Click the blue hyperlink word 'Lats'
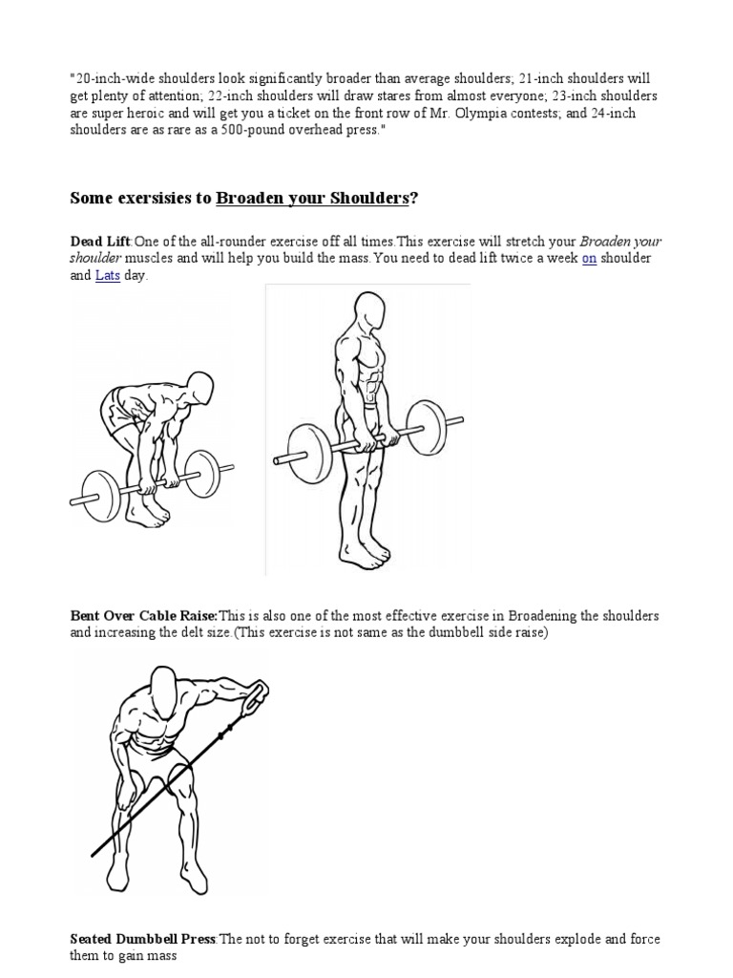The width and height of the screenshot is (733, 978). [107, 275]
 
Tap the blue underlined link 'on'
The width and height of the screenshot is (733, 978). [589, 259]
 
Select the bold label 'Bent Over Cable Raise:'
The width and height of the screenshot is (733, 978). [144, 616]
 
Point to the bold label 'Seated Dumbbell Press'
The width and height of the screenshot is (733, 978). [144, 940]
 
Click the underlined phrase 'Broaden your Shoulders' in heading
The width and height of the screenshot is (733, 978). [312, 198]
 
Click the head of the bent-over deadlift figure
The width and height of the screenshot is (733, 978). [199, 387]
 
